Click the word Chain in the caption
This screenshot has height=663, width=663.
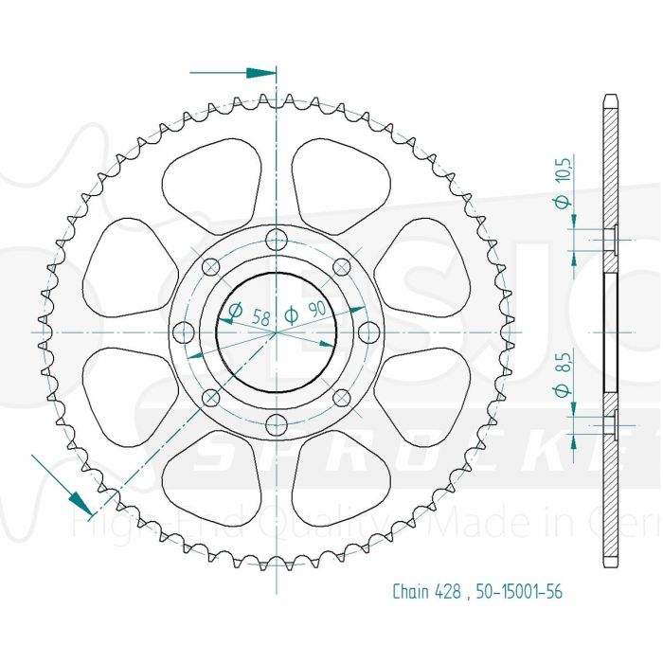pos(409,592)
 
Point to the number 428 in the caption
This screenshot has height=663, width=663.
pos(447,592)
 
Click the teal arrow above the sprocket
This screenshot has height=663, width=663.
pos(254,72)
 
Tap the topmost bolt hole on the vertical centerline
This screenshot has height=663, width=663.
pos(276,239)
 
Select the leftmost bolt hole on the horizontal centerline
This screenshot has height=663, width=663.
pos(183,331)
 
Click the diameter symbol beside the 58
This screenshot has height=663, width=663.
pos(234,310)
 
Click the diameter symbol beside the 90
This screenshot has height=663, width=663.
pos(293,315)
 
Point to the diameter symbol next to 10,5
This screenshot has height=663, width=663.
pos(561,202)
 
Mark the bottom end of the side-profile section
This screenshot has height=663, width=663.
pos(611,564)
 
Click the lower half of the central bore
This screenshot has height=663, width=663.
pos(276,365)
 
